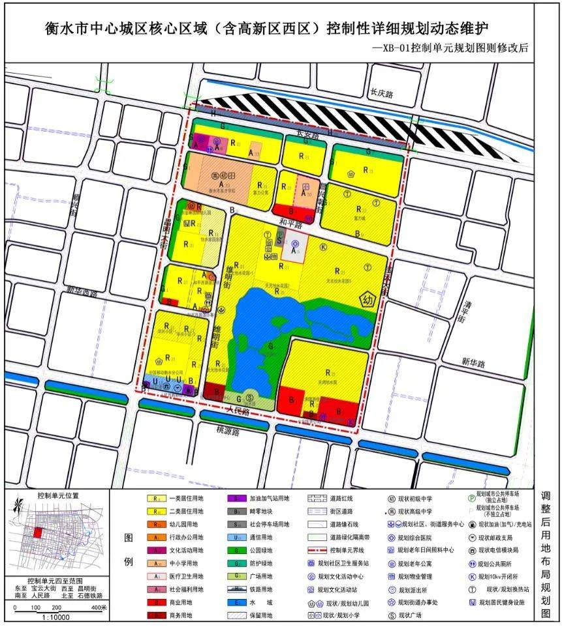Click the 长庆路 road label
[381, 94]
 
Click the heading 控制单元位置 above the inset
[58, 496]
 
